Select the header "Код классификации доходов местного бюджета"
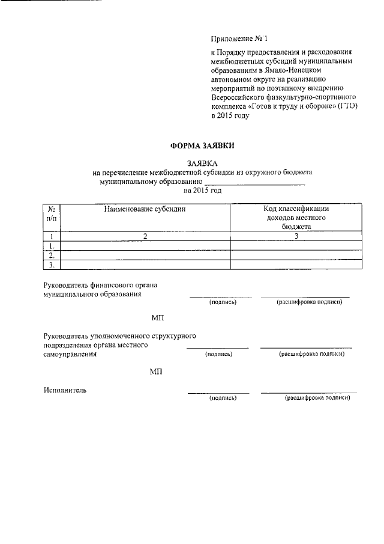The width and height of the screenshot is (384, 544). click(296, 218)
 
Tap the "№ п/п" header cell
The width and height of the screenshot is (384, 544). click(52, 213)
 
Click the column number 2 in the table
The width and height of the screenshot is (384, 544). click(145, 236)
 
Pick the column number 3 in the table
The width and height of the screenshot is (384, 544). click(296, 236)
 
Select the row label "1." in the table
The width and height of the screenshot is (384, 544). click(52, 246)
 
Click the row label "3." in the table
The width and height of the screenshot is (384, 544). click(52, 264)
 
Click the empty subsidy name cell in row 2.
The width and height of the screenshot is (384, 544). click(145, 255)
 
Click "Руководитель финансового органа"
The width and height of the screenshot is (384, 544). click(104, 285)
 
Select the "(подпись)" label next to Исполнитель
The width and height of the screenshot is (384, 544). click(223, 398)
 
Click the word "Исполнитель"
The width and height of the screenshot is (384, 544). click(65, 390)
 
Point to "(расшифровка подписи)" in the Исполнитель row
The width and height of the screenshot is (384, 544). click(317, 398)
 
